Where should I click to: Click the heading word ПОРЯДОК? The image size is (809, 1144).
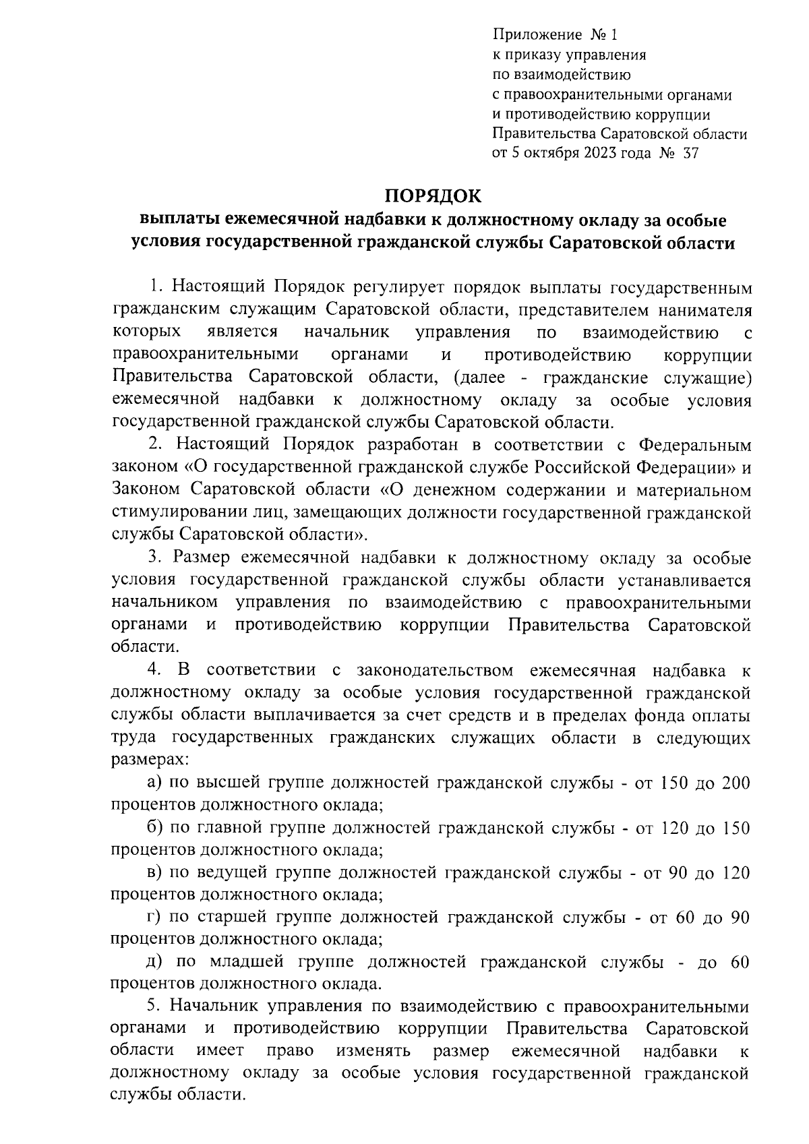pos(433,195)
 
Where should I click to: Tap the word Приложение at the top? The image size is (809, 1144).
pos(537,34)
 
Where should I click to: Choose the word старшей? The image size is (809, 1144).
pos(233,917)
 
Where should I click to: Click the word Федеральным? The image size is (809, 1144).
pos(694,445)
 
